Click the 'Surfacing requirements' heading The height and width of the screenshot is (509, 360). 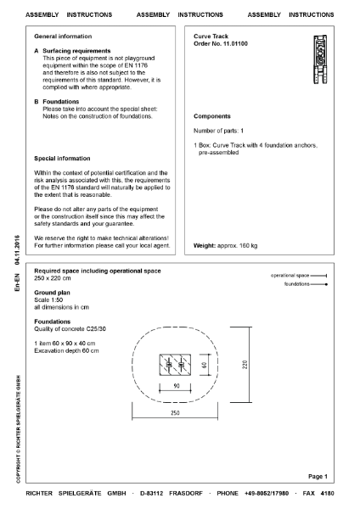click(x=77, y=52)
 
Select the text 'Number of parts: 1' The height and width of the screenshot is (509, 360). click(x=219, y=131)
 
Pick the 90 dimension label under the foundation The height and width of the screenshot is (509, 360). click(x=175, y=387)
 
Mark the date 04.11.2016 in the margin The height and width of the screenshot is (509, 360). click(x=17, y=254)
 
